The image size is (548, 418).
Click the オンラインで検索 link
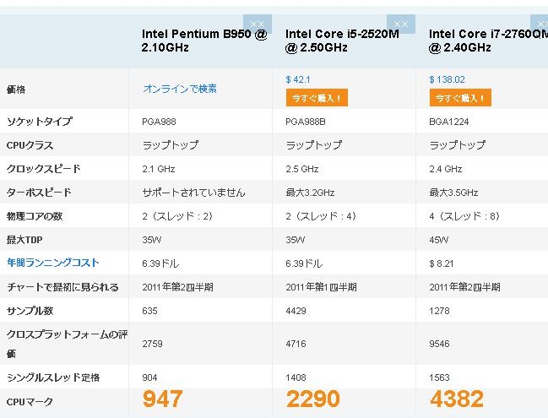click(180, 88)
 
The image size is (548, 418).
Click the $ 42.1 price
click(299, 79)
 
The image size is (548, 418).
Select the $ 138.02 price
click(448, 79)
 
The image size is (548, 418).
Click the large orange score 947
click(162, 399)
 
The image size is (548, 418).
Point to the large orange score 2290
click(312, 399)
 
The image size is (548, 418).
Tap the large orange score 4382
click(456, 399)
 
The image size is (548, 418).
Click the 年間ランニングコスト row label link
click(53, 263)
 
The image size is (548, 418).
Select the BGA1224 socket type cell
click(449, 121)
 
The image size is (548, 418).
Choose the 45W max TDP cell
click(438, 239)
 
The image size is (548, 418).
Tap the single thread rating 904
click(149, 377)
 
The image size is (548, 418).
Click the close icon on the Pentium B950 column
click(258, 24)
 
